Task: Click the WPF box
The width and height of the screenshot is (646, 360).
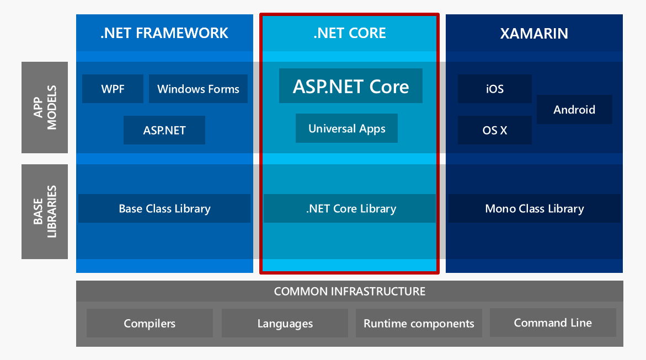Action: [x=113, y=89]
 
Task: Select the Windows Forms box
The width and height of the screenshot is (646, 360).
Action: [x=198, y=89]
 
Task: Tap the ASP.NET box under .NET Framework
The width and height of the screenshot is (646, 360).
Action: [x=164, y=130]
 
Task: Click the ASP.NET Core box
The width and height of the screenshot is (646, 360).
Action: [x=350, y=86]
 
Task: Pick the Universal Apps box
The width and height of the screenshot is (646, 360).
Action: [x=346, y=128]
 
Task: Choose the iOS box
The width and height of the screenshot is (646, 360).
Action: [x=494, y=89]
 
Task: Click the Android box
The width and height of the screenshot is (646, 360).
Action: [x=574, y=109]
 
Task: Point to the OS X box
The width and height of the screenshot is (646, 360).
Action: [x=494, y=130]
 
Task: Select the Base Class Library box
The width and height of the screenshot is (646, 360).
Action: [x=164, y=208]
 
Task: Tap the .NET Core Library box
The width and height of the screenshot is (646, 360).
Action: [x=350, y=208]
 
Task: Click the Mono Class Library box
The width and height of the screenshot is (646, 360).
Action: [x=534, y=208]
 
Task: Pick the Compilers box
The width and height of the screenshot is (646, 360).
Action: [x=150, y=323]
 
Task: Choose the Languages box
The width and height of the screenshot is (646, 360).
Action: [x=285, y=323]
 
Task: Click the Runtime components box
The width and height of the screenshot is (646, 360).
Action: [x=419, y=323]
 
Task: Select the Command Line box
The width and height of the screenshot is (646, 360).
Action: [x=553, y=323]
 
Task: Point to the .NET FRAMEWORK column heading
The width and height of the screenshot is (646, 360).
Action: [x=164, y=33]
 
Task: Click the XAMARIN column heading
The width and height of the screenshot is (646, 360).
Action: [x=533, y=33]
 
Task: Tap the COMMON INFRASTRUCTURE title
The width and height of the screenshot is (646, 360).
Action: [x=350, y=291]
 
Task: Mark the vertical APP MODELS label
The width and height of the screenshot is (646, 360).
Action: [x=45, y=108]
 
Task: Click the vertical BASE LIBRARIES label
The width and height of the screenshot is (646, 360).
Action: [x=45, y=211]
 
